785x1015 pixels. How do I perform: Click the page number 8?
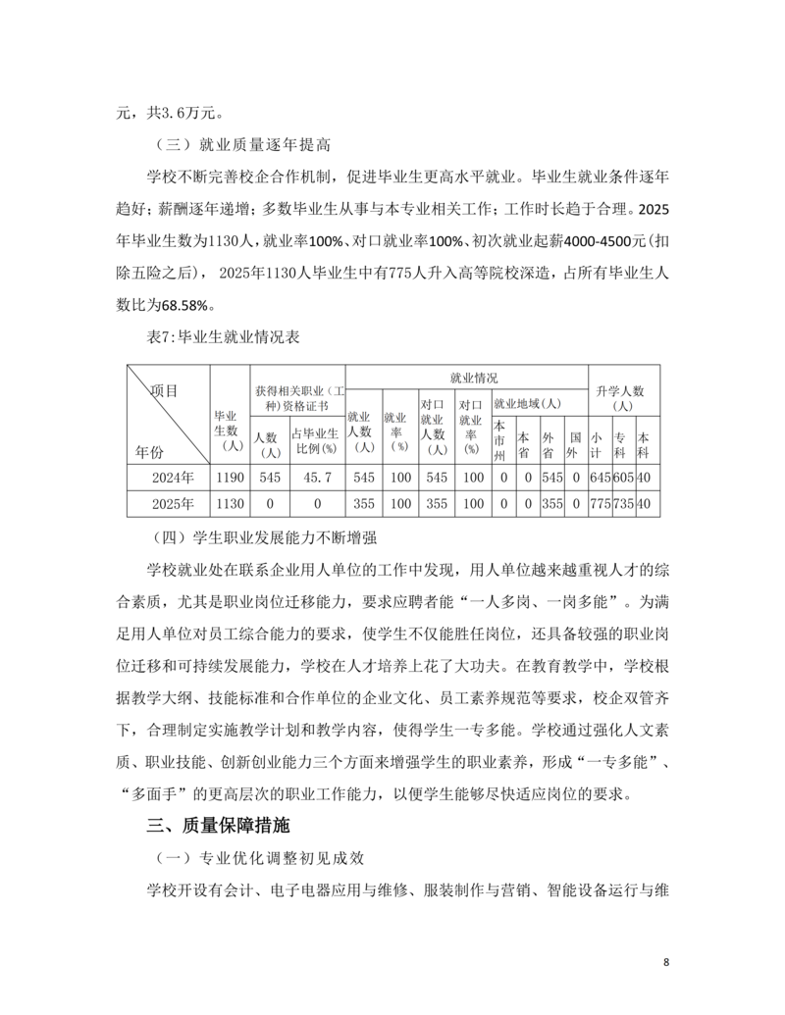pyautogui.click(x=666, y=961)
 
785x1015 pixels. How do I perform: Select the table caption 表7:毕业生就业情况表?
pyautogui.click(x=224, y=336)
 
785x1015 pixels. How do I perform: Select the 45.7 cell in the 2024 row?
pyautogui.click(x=317, y=478)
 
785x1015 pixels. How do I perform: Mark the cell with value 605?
pyautogui.click(x=622, y=478)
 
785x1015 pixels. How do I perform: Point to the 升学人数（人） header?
pyautogui.click(x=623, y=398)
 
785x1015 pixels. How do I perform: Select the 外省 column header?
pyautogui.click(x=549, y=437)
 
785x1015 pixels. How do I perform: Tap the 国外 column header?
pyautogui.click(x=574, y=437)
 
